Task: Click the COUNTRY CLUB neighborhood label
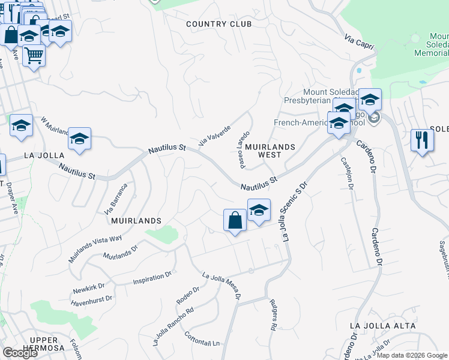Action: pos(218,24)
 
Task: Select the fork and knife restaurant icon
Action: pos(422,141)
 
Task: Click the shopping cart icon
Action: pos(34,56)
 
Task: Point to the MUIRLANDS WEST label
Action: pos(270,151)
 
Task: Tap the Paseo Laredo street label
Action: pos(243,149)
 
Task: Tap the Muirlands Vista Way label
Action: pos(95,248)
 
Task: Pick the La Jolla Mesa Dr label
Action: pos(222,285)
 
